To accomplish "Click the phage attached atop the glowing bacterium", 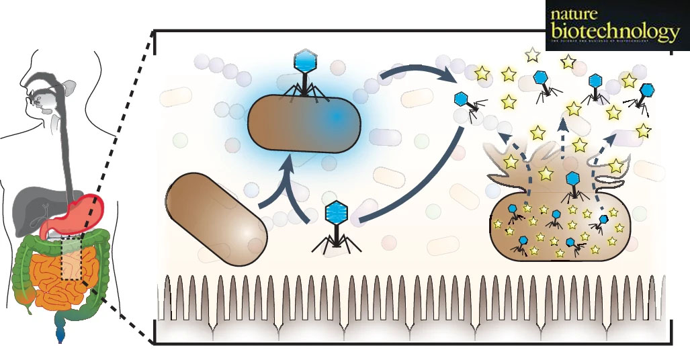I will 308,78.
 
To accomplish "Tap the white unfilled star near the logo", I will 533,54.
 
